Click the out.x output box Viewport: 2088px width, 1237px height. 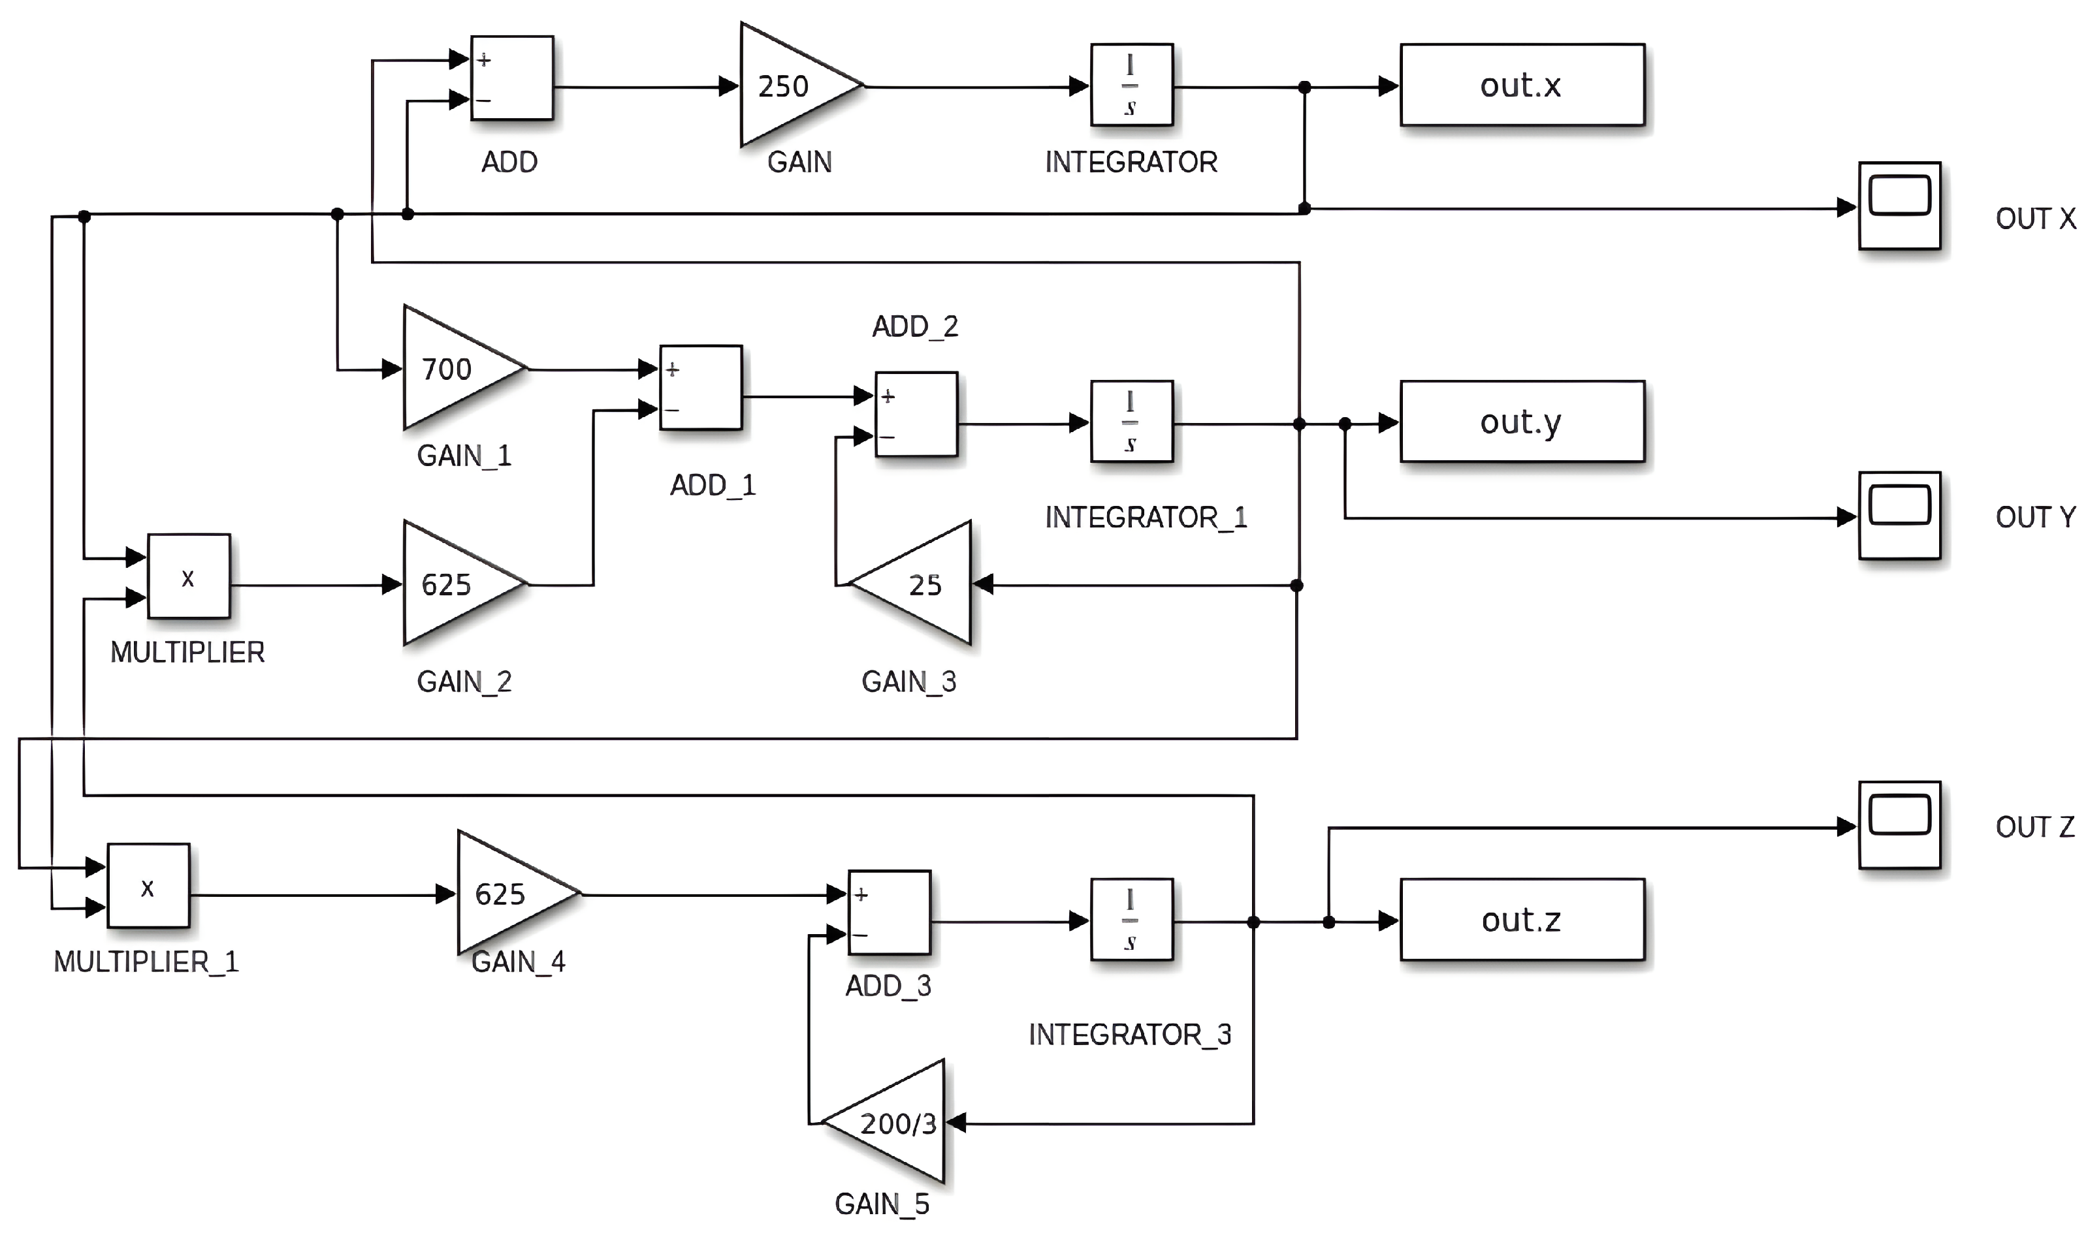(x=1522, y=85)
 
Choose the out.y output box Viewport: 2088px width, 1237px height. (x=1522, y=422)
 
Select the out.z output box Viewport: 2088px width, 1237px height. (x=1522, y=919)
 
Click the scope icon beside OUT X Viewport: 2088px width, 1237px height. (x=1899, y=206)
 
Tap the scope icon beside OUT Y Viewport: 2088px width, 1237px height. (x=1899, y=516)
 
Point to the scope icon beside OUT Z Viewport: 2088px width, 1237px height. (x=1899, y=825)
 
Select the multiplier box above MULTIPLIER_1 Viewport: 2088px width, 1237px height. (x=148, y=886)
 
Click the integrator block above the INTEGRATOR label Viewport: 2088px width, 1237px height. (x=1132, y=85)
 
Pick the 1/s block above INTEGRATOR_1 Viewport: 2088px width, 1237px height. (x=1132, y=422)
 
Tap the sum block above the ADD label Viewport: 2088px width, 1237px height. (x=512, y=78)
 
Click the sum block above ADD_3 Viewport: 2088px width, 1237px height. (x=889, y=913)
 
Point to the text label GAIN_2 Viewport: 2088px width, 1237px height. (x=464, y=682)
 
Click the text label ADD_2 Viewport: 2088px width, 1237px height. (x=915, y=326)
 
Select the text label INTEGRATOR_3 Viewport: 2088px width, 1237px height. (x=1129, y=1035)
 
